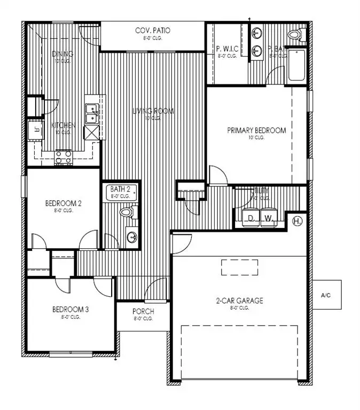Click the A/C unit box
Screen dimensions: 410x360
pos(327,294)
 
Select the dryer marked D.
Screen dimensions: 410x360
pos(251,217)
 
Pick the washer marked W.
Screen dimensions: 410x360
pos(269,217)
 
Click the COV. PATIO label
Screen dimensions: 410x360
pos(152,30)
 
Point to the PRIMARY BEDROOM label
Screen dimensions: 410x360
pos(256,130)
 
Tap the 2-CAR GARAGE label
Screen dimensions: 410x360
pos(239,301)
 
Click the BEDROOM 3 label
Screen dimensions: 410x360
pos(70,309)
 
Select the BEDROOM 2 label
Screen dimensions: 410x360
pos(63,203)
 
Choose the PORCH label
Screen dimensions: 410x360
pos(143,312)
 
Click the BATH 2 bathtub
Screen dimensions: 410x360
pos(120,192)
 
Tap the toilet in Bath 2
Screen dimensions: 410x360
pos(127,212)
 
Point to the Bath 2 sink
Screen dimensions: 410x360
pos(131,236)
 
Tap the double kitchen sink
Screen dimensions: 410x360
pos(91,114)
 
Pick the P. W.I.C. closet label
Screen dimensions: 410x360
pos(226,50)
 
